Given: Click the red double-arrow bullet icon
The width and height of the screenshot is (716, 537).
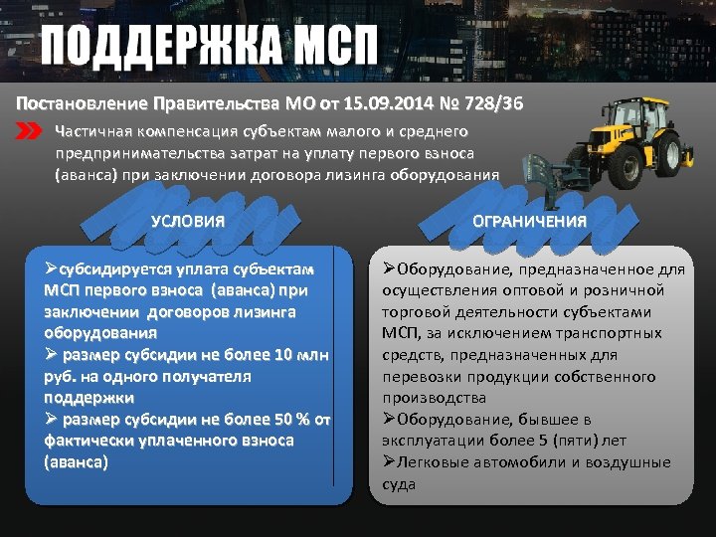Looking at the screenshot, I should click(30, 131).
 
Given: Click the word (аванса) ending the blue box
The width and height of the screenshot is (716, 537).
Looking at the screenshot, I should click(77, 462).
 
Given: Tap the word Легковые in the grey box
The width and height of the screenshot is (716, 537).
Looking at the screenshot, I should click(430, 462).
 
